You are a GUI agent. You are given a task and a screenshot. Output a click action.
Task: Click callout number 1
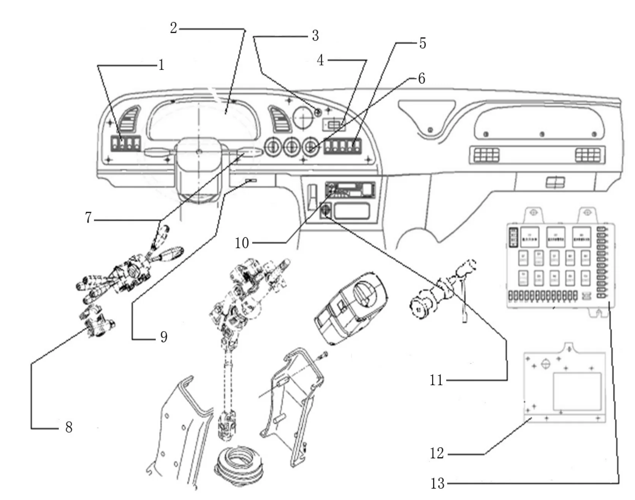tap(162, 65)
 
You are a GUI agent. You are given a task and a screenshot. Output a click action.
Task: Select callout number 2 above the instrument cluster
tap(173, 28)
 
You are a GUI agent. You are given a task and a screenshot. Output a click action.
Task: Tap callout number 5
tap(423, 43)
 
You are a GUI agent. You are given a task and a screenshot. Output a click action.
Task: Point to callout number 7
tap(88, 218)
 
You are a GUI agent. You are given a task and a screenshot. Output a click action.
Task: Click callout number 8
tap(68, 427)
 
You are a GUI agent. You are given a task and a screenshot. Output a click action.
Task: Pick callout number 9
tap(163, 337)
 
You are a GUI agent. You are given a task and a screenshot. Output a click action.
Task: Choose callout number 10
tap(242, 243)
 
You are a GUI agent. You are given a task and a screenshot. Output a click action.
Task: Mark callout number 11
tap(436, 380)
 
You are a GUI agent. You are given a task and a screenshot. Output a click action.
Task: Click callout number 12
tap(437, 453)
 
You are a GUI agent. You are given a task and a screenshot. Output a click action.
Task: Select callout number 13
tap(437, 483)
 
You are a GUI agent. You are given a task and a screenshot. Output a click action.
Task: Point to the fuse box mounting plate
tap(564, 384)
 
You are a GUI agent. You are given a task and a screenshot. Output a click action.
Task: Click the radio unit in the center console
tap(350, 189)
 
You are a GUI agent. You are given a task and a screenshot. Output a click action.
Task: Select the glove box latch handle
tap(555, 183)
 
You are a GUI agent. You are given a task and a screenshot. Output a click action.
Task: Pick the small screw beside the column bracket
tap(323, 355)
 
